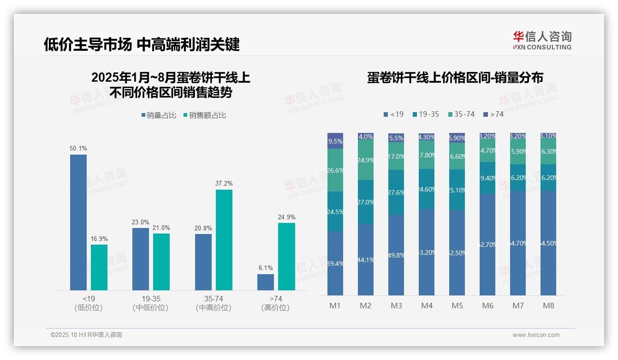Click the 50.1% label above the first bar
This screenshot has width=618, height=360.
(78, 149)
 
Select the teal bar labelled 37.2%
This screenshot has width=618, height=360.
(224, 240)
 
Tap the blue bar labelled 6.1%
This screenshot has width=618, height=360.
(266, 282)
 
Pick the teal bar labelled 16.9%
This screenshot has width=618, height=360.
(99, 267)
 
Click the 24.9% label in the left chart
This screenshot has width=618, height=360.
(286, 217)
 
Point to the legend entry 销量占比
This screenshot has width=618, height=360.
(159, 115)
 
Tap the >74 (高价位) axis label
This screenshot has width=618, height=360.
(276, 303)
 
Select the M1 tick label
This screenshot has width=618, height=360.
(335, 306)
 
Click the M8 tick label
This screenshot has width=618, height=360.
(548, 306)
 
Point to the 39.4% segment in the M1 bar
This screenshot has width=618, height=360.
(335, 264)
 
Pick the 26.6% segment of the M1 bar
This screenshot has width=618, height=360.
(335, 170)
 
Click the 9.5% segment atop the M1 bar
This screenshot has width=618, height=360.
(335, 141)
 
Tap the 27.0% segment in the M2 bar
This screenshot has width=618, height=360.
(366, 202)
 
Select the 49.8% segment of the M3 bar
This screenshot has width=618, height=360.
(396, 255)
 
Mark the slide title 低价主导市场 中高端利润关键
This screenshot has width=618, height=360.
(142, 45)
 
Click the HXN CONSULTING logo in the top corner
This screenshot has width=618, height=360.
(542, 40)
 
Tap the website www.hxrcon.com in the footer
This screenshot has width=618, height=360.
(536, 335)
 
